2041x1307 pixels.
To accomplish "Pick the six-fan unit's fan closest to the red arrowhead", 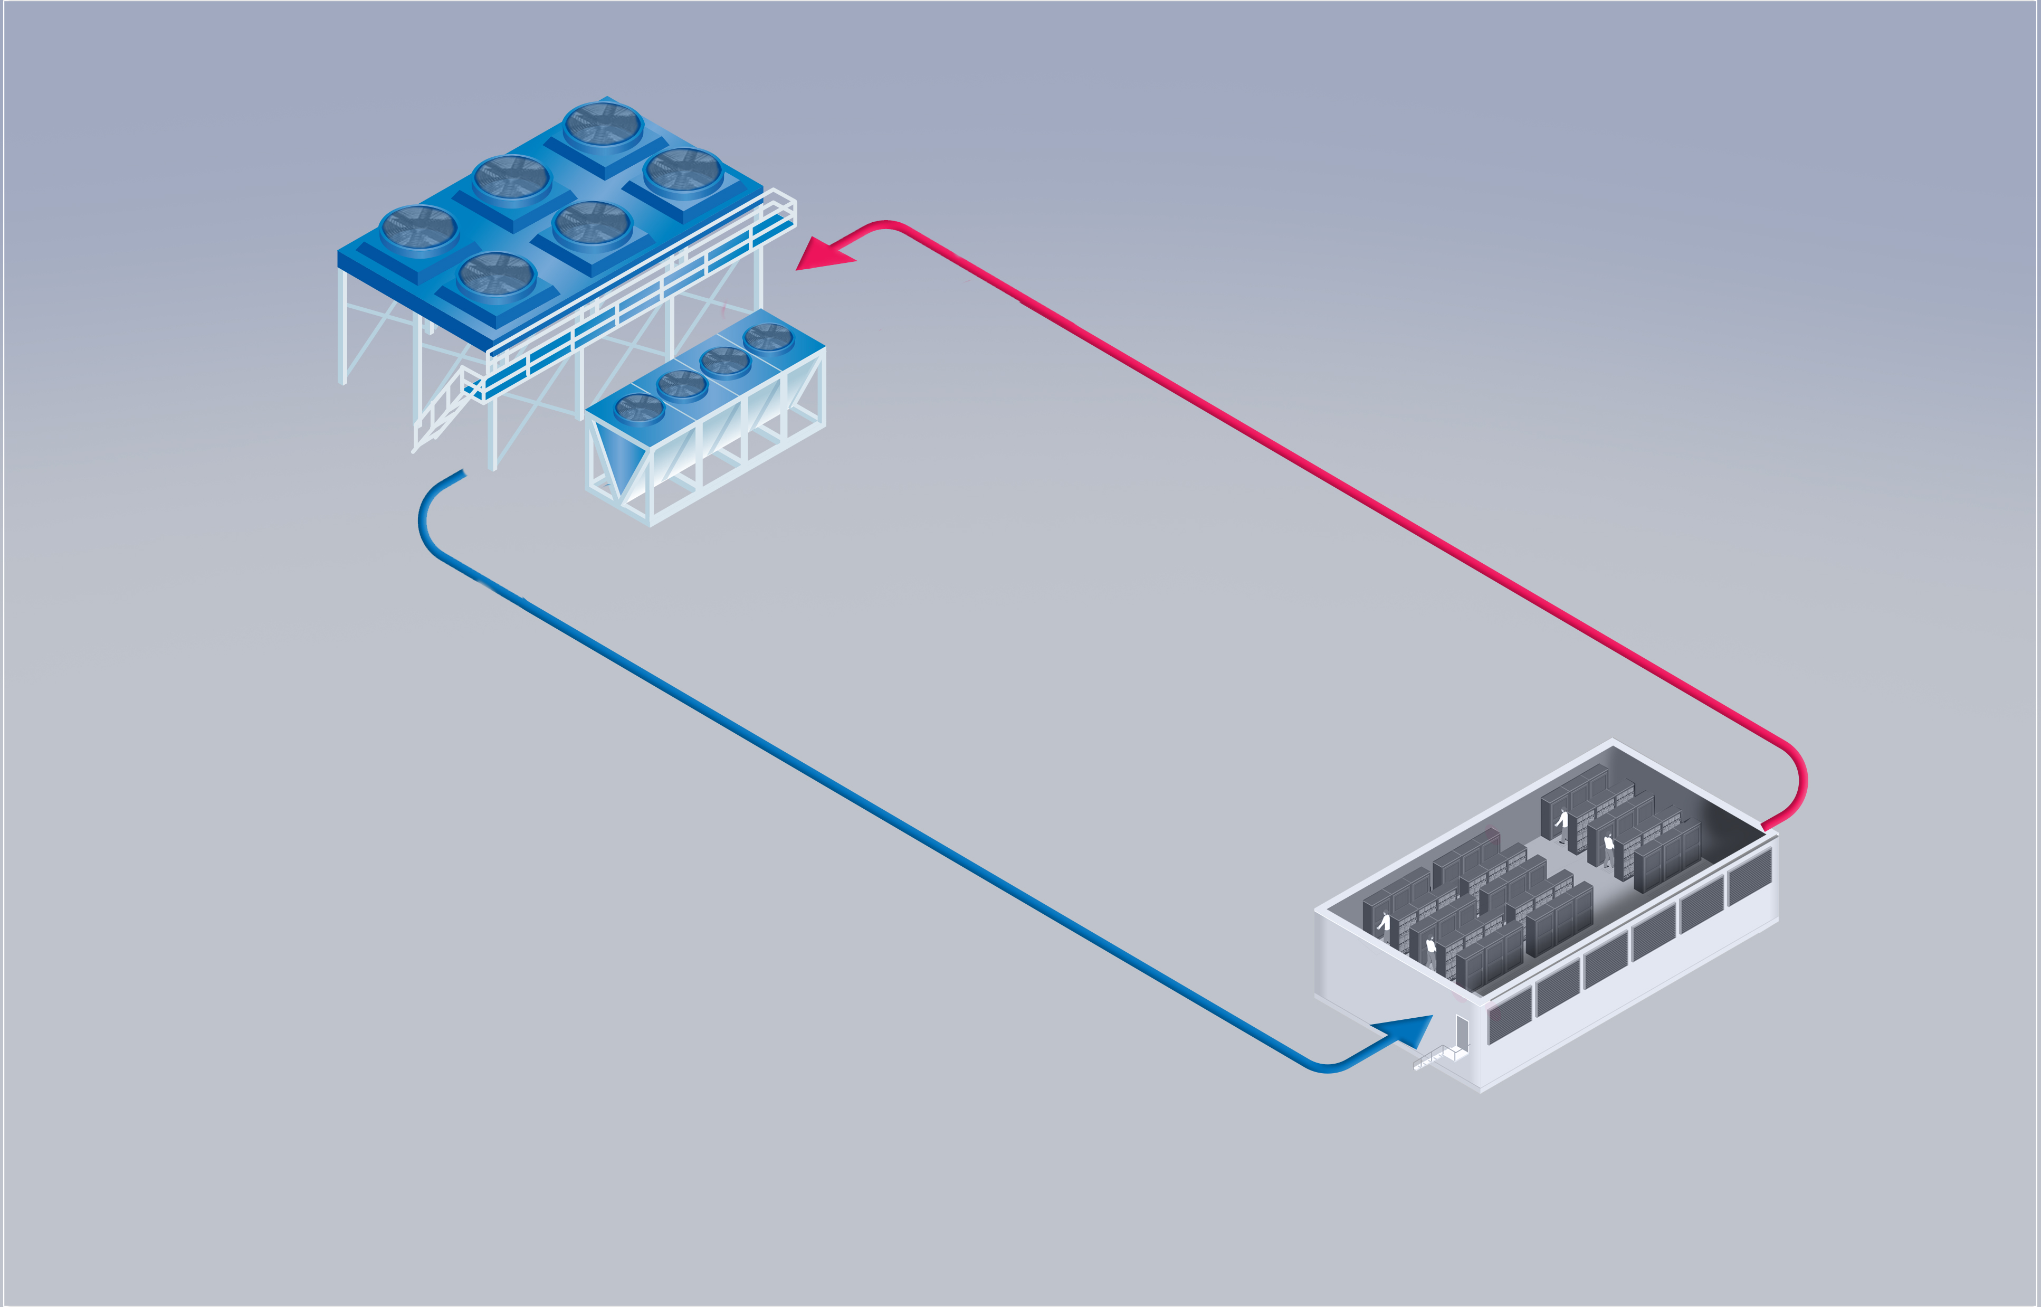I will [683, 172].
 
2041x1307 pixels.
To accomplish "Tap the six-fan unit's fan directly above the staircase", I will [496, 277].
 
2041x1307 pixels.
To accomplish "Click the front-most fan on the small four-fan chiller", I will [638, 408].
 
